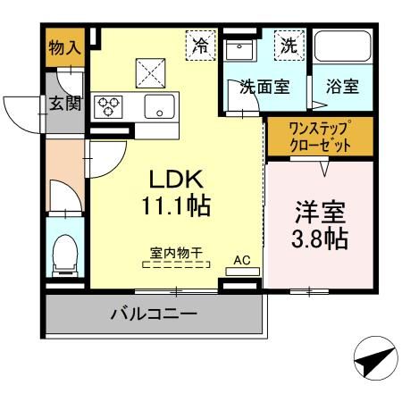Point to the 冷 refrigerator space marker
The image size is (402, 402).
201,43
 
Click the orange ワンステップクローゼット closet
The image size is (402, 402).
319,136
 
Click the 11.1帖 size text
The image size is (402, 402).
175,206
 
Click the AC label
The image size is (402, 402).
241,260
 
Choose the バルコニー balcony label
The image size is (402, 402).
154,314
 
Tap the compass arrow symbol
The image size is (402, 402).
373,362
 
